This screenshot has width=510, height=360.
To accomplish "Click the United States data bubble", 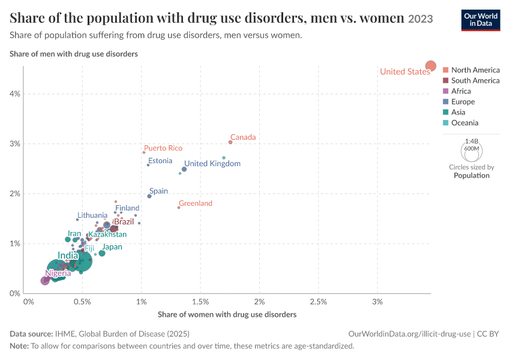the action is pos(431,66).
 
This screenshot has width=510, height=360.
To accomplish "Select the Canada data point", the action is pos(230,142).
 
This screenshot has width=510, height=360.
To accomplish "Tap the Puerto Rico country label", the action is pos(163,148).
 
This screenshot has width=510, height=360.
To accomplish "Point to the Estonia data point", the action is pos(148,165).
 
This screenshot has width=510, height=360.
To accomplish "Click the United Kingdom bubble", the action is pos(184,169).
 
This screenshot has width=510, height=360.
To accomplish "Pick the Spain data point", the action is pos(149,196).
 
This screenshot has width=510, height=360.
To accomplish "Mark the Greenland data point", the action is pos(179,208).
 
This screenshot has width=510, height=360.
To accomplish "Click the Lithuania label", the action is pos(92,215).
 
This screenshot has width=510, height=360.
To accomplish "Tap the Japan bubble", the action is pos(102,253).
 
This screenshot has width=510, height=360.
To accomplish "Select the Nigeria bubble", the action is pos(45,281).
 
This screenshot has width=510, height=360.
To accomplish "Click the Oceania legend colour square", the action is pos(446,122).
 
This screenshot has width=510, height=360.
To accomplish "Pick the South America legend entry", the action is pos(471,80).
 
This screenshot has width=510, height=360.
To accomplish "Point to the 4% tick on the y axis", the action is pos(14,94).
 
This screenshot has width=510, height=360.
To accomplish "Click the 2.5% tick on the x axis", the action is pos(319,302).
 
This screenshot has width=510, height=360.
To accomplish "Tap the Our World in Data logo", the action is pos(481,20).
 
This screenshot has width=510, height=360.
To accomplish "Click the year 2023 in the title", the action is pos(421,19).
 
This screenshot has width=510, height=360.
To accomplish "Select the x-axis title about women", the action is pos(227,314).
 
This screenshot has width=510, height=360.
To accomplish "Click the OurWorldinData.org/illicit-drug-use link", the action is pos(409,334).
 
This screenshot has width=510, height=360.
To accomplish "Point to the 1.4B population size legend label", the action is pos(472,141).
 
